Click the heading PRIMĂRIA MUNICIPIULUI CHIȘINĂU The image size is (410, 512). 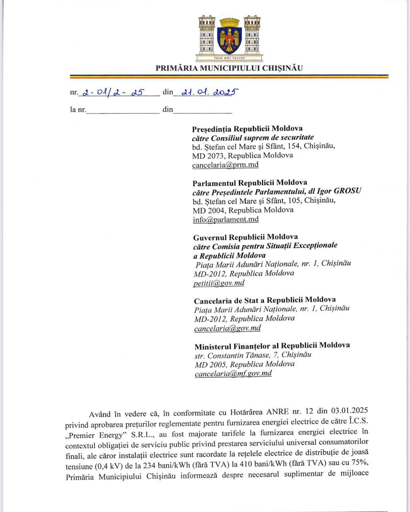(229, 68)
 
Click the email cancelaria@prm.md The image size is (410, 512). (225, 165)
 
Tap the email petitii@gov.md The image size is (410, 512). (219, 283)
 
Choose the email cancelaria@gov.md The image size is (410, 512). (227, 328)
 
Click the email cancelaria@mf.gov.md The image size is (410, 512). (233, 374)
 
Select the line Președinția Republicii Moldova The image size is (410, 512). (247, 129)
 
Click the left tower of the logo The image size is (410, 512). (206, 35)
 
